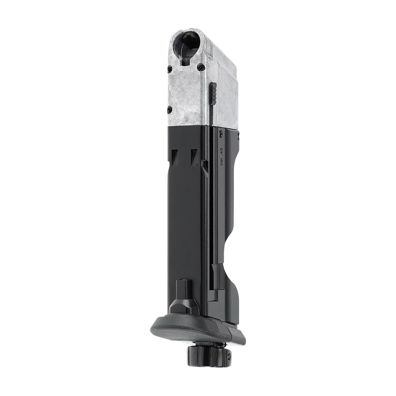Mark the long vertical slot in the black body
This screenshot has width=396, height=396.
click(x=210, y=206)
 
